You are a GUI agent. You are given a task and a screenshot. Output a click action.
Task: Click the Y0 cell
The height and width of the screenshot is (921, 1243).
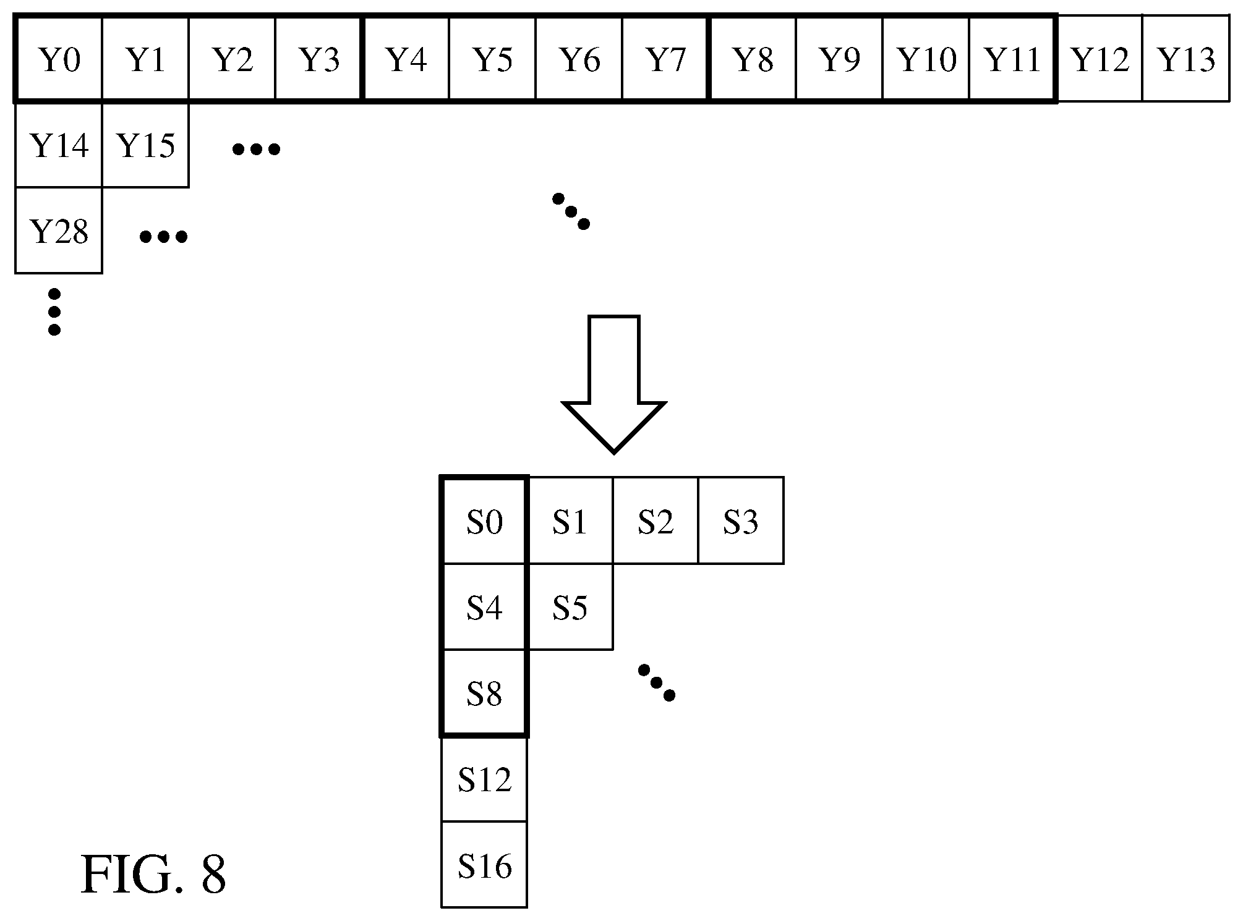pyautogui.click(x=59, y=59)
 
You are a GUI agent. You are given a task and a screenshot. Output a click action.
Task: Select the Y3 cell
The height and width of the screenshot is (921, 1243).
pyautogui.click(x=318, y=59)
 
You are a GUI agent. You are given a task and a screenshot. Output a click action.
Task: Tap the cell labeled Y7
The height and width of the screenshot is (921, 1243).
pyautogui.click(x=665, y=59)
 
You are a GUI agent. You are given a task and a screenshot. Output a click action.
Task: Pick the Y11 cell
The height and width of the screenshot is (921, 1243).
pyautogui.click(x=1012, y=59)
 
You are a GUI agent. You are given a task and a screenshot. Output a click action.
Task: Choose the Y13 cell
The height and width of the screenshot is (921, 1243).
pyautogui.click(x=1185, y=59)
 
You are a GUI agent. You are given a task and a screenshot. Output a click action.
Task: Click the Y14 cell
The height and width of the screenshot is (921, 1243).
pyautogui.click(x=59, y=145)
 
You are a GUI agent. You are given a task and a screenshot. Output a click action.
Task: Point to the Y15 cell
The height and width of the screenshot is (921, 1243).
pyautogui.click(x=145, y=145)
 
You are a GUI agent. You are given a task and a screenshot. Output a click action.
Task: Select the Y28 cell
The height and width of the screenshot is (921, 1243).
pyautogui.click(x=59, y=231)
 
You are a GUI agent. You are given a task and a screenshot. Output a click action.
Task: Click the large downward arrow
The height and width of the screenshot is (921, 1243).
pyautogui.click(x=613, y=384)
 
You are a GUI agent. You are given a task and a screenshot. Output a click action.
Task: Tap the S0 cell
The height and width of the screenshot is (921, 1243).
pyautogui.click(x=484, y=520)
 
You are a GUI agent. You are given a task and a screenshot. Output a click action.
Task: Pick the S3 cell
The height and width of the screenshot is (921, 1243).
pyautogui.click(x=741, y=520)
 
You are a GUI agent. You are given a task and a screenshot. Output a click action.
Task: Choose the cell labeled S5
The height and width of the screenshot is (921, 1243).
pyautogui.click(x=570, y=607)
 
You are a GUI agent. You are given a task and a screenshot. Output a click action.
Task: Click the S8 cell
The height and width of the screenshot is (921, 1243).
pyautogui.click(x=484, y=693)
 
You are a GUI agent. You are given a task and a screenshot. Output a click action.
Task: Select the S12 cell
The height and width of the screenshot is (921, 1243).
pyautogui.click(x=484, y=779)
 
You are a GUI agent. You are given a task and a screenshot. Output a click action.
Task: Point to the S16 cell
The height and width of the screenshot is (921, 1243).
pyautogui.click(x=484, y=865)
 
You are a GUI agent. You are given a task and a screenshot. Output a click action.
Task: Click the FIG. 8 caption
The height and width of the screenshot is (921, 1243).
pyautogui.click(x=153, y=875)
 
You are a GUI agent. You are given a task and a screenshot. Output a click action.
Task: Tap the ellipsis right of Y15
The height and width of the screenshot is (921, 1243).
pyautogui.click(x=256, y=149)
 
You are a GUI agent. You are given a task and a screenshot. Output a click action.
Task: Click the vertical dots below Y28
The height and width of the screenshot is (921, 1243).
pyautogui.click(x=54, y=312)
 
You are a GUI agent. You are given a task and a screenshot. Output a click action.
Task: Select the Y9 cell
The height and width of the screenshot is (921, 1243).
pyautogui.click(x=839, y=59)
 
